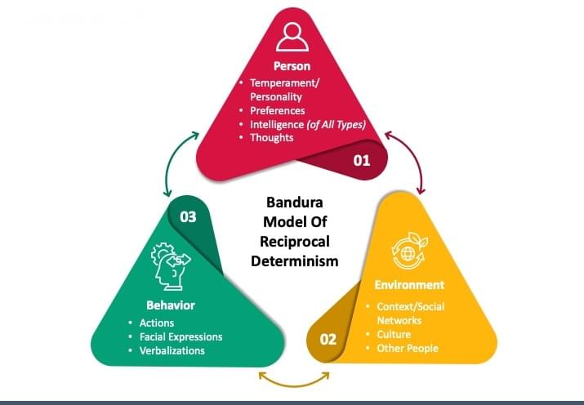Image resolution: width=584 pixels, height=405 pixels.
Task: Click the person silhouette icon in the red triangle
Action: coord(292,36)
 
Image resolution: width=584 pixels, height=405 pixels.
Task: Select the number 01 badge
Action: coord(361,160)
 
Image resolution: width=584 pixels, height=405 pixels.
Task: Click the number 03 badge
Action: coord(188,217)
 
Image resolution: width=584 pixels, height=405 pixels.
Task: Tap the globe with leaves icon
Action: coord(409,251)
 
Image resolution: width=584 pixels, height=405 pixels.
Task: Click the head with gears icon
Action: coord(171,266)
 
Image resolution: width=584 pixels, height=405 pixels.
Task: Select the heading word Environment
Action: coord(409,285)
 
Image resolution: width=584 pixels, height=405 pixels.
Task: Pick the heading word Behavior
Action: coord(171,305)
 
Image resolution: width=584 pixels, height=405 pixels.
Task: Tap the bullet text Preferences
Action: coord(277,110)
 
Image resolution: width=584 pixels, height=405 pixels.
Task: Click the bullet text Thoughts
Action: coord(271,137)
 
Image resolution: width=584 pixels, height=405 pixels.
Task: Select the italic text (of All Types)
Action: coord(337,124)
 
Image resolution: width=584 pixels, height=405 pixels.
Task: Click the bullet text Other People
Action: coord(407,348)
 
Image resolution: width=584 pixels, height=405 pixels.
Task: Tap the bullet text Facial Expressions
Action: coord(181,336)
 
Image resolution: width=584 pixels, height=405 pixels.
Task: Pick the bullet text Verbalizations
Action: coord(172,350)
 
